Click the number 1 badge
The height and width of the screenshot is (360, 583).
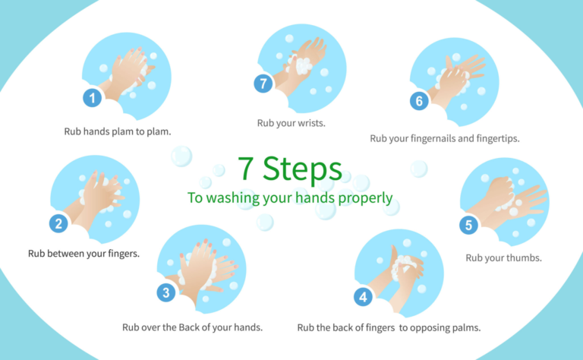93,97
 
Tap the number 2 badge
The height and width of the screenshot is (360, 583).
59,223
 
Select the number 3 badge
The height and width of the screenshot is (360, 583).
166,292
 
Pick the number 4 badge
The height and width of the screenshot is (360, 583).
364,297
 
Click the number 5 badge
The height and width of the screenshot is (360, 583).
468,225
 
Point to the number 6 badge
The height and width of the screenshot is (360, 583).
418,100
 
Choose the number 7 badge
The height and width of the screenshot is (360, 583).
263,84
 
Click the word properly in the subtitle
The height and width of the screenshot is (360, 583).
367,199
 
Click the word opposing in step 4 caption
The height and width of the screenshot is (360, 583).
433,327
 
